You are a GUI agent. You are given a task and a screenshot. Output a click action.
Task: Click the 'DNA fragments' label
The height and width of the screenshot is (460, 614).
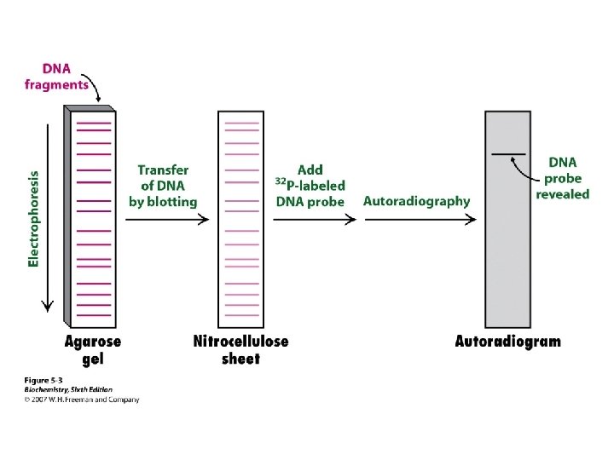click(55, 76)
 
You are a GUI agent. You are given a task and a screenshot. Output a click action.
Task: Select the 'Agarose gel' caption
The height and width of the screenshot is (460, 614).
click(93, 349)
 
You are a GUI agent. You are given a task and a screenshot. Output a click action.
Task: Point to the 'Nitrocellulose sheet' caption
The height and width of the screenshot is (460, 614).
click(241, 349)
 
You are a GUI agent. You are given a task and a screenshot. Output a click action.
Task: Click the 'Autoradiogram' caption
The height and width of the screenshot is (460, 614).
click(507, 342)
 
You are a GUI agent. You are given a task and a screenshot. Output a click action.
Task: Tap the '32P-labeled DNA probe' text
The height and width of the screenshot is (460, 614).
click(310, 186)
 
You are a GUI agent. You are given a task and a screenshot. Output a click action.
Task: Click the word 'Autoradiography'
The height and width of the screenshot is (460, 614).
click(416, 201)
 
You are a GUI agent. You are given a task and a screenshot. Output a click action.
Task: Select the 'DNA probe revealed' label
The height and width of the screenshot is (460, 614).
click(562, 177)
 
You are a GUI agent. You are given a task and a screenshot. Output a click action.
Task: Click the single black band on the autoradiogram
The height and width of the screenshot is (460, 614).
click(508, 154)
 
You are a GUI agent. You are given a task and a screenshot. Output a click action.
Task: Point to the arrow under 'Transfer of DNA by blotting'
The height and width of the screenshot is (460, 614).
click(167, 220)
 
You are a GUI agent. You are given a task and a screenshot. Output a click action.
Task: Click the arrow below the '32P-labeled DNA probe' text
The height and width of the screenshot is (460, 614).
click(315, 220)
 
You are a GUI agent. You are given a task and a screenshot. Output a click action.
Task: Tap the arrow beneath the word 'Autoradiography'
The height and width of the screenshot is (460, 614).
click(420, 220)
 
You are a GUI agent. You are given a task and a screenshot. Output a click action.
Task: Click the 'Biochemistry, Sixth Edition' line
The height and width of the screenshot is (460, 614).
click(67, 389)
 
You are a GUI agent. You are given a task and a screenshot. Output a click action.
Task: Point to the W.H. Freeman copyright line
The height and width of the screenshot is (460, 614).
click(81, 400)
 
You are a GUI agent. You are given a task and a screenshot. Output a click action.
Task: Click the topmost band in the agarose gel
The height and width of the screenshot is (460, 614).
click(92, 124)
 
